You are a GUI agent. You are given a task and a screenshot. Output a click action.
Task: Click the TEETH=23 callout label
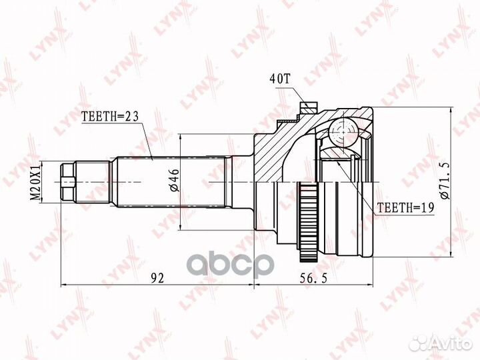(x=110, y=116)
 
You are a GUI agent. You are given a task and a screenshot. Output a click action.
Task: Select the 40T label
(x=279, y=79)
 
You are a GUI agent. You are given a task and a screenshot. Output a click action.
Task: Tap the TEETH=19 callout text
(x=405, y=208)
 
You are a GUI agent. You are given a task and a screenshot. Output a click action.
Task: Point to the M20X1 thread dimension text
(x=37, y=183)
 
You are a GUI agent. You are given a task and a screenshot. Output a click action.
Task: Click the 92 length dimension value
(x=157, y=278)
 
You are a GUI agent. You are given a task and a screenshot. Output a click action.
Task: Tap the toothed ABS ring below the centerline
(x=307, y=221)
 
